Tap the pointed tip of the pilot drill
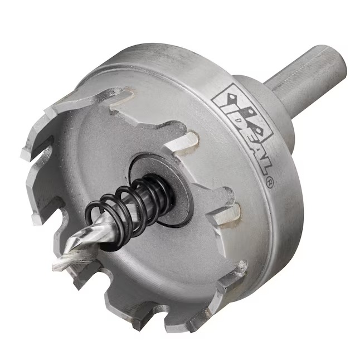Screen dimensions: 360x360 coord(54,267)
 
